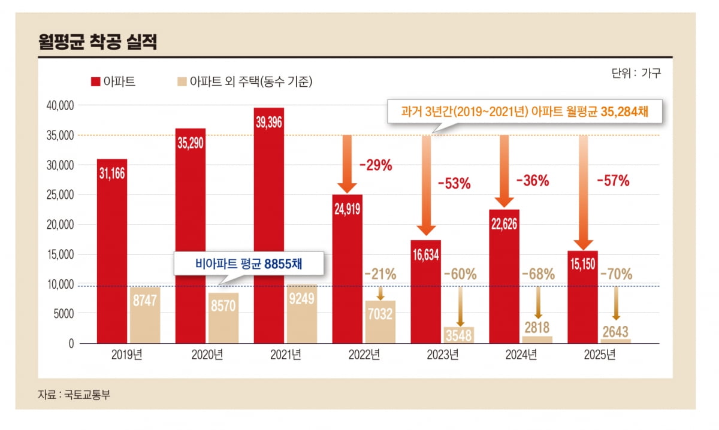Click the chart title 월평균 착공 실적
point(97,43)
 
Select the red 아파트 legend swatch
point(95,82)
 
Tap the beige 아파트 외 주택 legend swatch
point(181,82)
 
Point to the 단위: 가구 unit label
point(636,73)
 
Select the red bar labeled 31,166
point(112,252)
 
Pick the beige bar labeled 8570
point(223,318)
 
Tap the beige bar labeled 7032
point(380,322)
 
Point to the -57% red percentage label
point(612,181)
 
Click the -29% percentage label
point(375,166)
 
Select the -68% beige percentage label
point(537,275)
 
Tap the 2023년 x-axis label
point(442,355)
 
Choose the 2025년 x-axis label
point(600,355)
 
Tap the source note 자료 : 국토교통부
point(75,395)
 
